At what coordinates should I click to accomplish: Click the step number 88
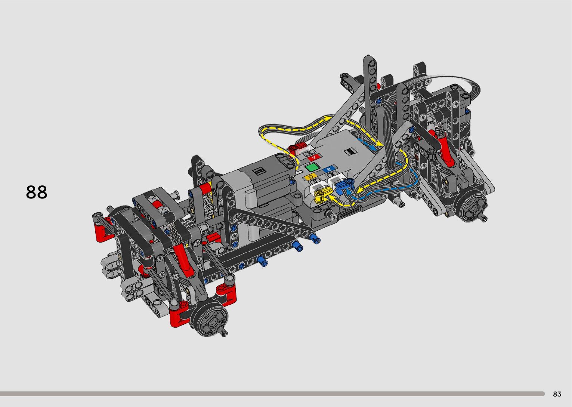click(x=37, y=192)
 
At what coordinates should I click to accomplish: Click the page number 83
click(x=557, y=394)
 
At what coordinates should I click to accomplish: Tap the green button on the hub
click(x=312, y=167)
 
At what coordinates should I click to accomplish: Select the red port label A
click(x=314, y=157)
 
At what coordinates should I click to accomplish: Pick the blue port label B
click(x=330, y=169)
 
